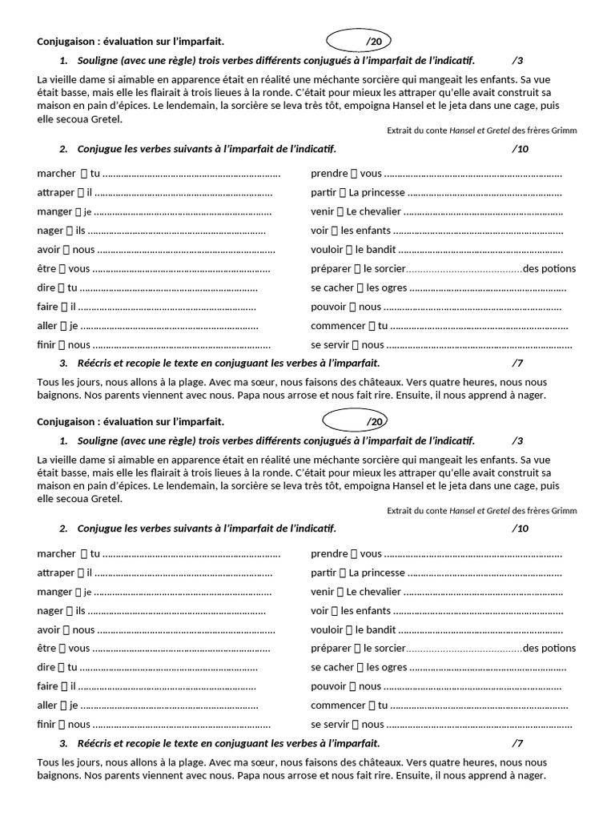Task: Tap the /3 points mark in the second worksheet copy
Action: pyautogui.click(x=517, y=440)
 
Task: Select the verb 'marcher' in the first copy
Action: pyautogui.click(x=55, y=173)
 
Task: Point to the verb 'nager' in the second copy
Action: pyautogui.click(x=50, y=610)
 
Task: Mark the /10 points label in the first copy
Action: pyautogui.click(x=520, y=149)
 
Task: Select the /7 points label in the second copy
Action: pyautogui.click(x=517, y=743)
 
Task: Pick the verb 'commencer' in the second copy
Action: pyautogui.click(x=338, y=705)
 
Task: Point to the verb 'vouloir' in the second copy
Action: pyautogui.click(x=327, y=629)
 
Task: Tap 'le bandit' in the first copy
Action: pyautogui.click(x=376, y=249)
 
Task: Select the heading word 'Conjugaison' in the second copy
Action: pyautogui.click(x=65, y=421)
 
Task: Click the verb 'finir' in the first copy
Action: pyautogui.click(x=46, y=345)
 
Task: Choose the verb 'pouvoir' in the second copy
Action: pyautogui.click(x=328, y=686)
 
